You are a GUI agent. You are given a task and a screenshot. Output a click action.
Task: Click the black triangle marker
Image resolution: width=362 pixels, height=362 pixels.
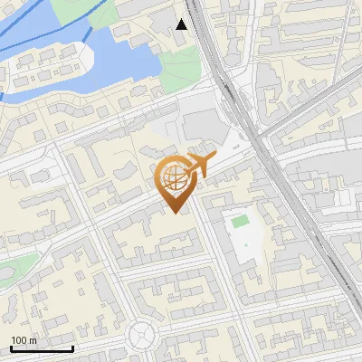click(x=182, y=24)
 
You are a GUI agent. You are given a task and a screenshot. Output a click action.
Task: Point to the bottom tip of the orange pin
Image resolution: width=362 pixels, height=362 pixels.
click(x=175, y=214)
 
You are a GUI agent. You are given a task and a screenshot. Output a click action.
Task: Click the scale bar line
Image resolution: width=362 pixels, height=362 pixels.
click(x=42, y=348)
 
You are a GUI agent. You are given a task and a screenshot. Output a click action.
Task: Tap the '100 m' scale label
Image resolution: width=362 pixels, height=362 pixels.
click(x=24, y=340)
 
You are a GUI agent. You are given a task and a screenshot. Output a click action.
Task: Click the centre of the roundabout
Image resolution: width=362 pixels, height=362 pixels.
click(x=144, y=336)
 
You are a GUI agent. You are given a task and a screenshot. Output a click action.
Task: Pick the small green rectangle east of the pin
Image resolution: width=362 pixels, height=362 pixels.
click(x=240, y=221)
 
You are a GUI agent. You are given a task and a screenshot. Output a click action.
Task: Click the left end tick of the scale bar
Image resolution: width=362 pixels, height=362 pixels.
click(x=11, y=348)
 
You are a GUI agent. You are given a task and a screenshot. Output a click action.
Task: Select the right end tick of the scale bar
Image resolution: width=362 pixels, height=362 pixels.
click(x=72, y=348)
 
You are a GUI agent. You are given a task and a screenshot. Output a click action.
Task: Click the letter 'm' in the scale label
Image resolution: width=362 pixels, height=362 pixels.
click(x=33, y=340)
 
